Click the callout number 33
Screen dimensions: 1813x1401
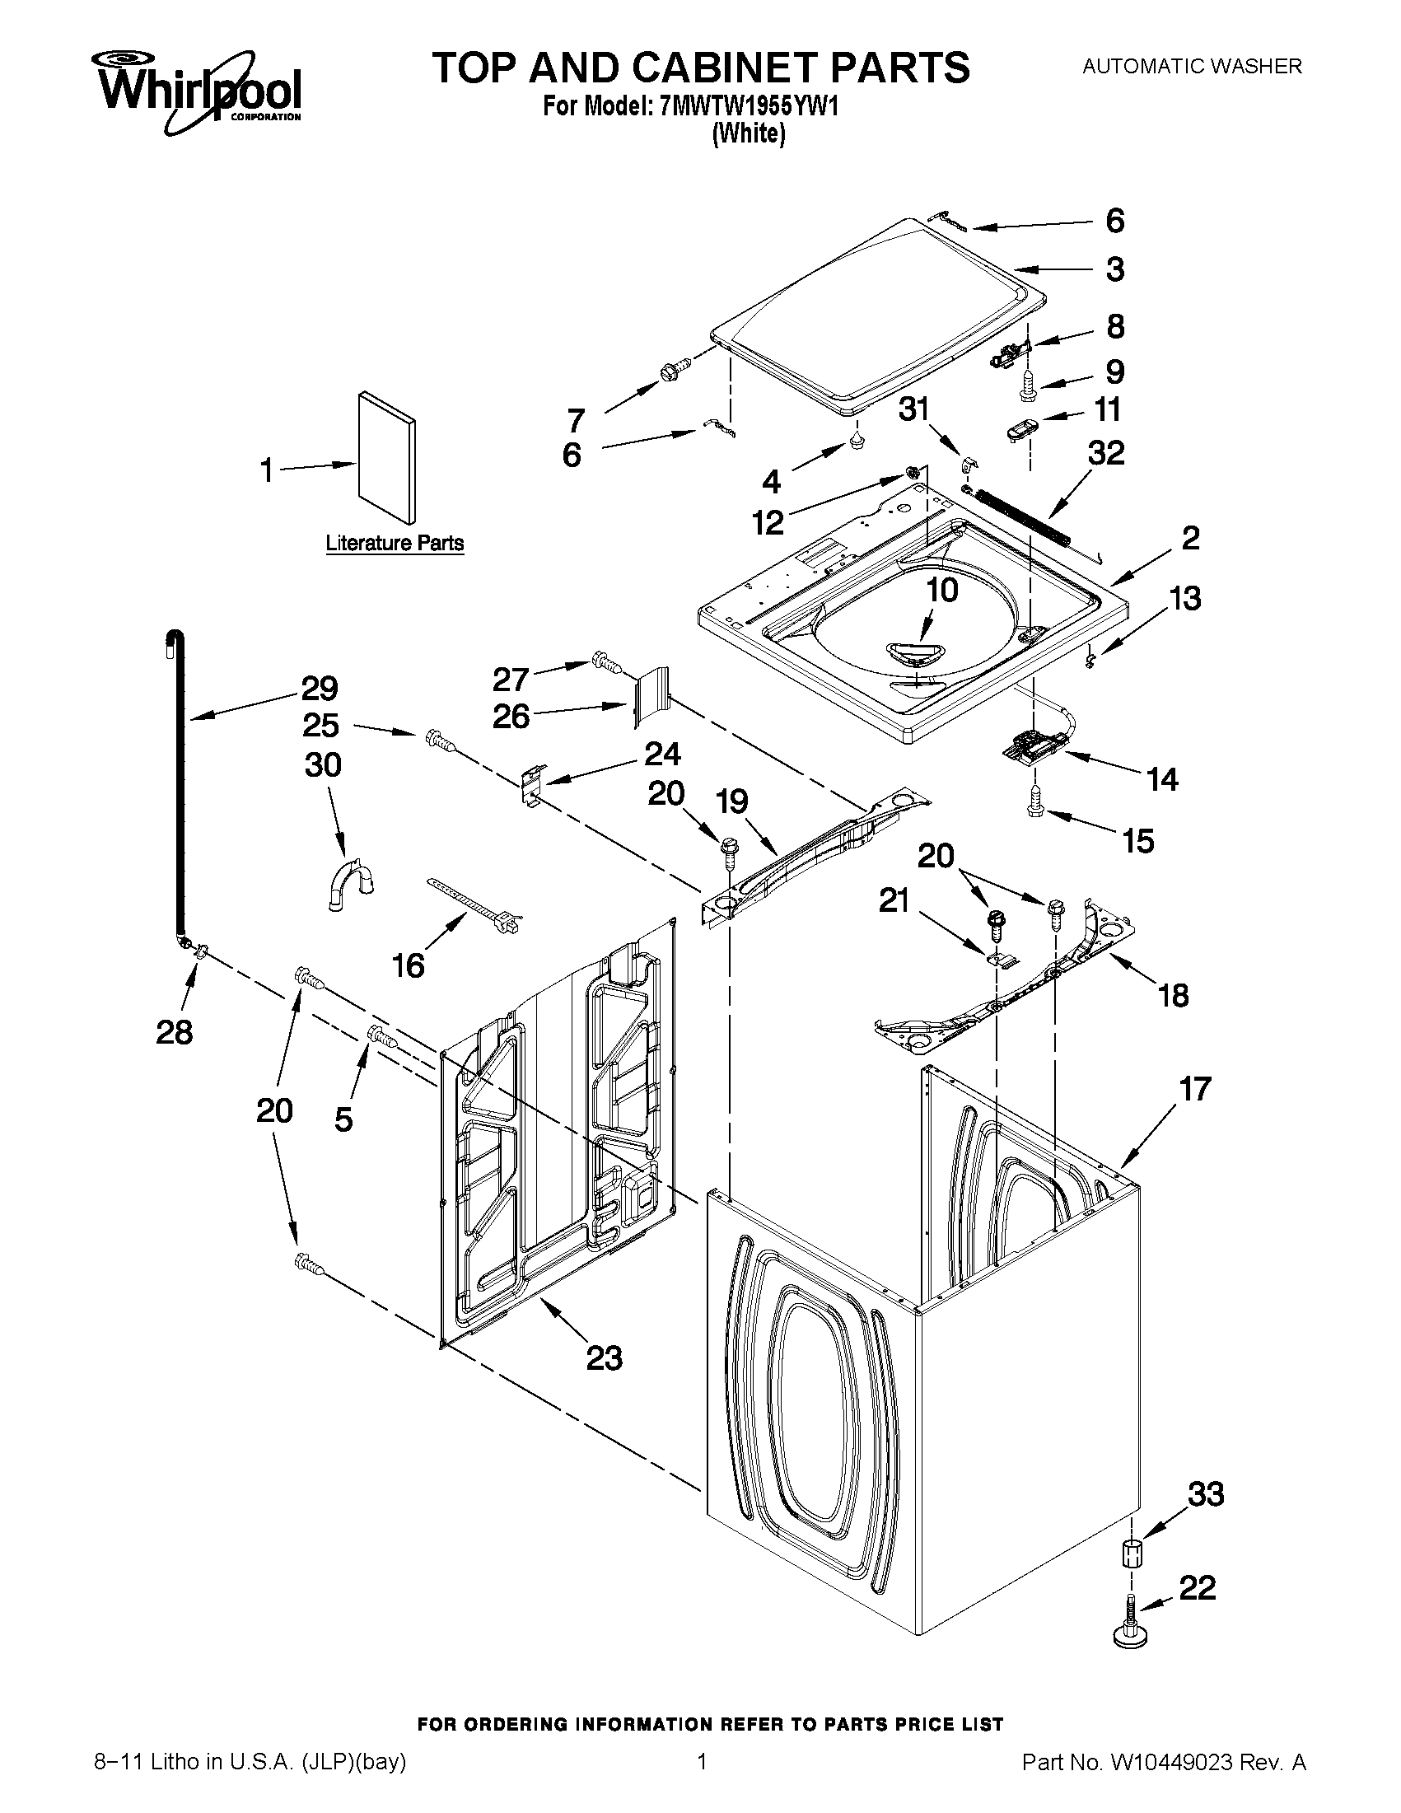pos(1205,1494)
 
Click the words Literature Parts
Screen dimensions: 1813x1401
pos(395,544)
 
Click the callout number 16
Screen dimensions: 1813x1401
pos(409,965)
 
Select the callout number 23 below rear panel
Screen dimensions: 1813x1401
pos(604,1358)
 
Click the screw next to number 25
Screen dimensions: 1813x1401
pos(440,740)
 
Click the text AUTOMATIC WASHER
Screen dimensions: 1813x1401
pos(1192,67)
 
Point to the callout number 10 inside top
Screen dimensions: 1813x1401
pos(941,590)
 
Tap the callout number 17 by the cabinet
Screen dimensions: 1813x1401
pos(1195,1088)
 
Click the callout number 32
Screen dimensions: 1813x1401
pos(1106,453)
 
